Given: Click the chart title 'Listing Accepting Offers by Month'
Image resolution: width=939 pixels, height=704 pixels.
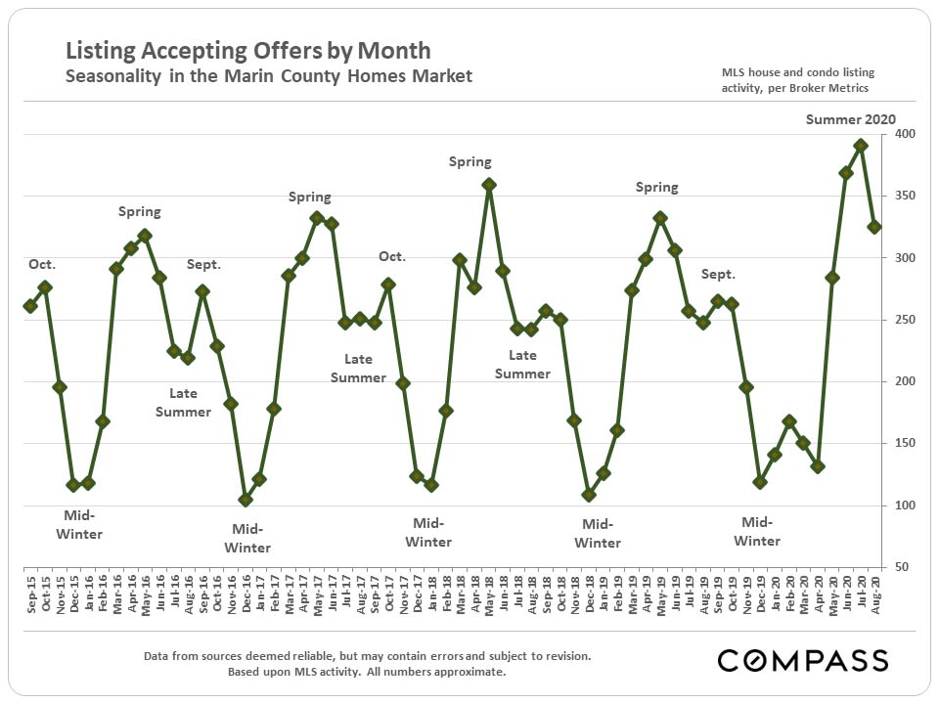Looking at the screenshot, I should point(247,51).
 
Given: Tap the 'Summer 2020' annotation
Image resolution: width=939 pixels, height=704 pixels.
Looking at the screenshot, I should point(850,119).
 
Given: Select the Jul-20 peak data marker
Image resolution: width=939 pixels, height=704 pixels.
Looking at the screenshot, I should point(861,146).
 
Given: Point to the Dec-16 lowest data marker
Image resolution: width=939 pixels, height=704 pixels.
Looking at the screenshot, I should point(246,500).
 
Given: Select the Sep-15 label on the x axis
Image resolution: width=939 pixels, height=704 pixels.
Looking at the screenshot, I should point(30,592).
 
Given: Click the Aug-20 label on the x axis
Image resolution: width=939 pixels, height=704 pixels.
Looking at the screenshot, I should point(875,592).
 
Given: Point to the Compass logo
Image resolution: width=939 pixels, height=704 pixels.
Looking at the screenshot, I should point(802,660).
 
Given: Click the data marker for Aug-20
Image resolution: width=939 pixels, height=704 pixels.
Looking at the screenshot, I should point(875,227).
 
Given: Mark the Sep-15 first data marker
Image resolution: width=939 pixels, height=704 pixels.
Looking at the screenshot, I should point(30,306).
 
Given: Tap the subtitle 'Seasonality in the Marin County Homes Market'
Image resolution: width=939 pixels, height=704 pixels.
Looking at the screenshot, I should point(268,76).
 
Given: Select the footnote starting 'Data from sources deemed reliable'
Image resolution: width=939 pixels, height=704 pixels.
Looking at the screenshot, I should point(367,656).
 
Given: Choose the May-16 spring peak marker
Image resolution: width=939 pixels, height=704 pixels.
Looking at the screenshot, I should point(145,236).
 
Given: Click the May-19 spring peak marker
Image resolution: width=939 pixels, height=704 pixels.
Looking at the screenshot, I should point(660,218).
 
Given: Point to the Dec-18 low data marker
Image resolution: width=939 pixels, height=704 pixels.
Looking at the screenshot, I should point(589,495).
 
